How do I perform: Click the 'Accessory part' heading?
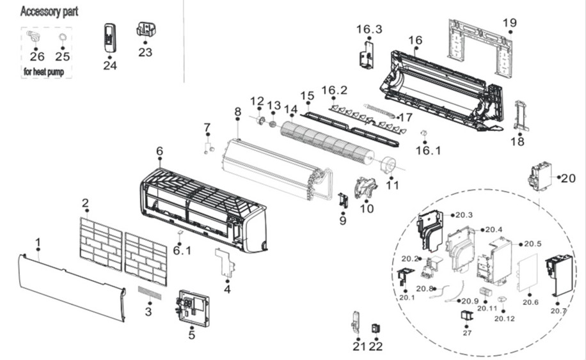tap(49, 12)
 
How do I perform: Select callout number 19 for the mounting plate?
tap(509, 24)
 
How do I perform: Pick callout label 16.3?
tap(369, 29)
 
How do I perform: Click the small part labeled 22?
tap(376, 328)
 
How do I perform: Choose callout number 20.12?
tap(505, 318)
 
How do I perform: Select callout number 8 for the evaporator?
tap(237, 111)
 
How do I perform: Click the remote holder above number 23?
tap(146, 29)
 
